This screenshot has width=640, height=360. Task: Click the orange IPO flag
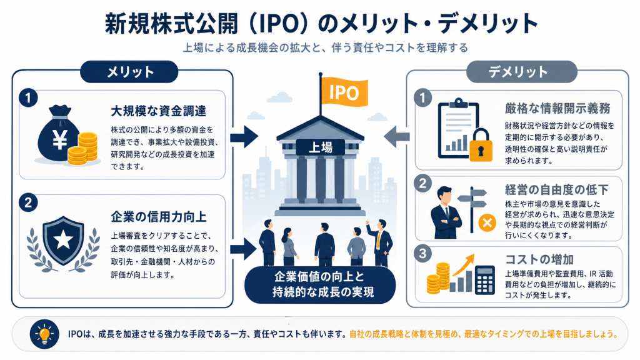click(x=344, y=92)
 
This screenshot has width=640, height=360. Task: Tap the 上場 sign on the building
click(x=321, y=147)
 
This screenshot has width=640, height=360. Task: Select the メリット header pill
click(x=129, y=72)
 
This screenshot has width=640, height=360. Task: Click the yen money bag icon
click(x=59, y=134)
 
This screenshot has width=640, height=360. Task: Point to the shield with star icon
click(x=63, y=241)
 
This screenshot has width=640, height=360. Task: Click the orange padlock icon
click(x=481, y=145)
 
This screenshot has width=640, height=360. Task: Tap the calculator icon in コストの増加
click(x=485, y=279)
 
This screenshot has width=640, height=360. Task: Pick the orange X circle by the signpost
click(x=487, y=223)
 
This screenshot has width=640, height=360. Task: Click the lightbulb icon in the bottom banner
click(x=44, y=334)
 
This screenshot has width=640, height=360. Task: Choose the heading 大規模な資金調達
click(x=158, y=111)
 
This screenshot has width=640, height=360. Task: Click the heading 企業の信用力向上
click(x=158, y=217)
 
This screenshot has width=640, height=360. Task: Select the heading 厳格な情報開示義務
click(x=557, y=108)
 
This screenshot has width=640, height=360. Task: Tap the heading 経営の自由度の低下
click(x=557, y=190)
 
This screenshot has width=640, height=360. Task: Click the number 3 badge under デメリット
click(x=422, y=254)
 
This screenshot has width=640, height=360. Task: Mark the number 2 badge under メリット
click(x=28, y=203)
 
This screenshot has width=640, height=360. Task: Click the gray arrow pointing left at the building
click(x=397, y=137)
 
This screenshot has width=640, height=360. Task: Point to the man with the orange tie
click(x=381, y=242)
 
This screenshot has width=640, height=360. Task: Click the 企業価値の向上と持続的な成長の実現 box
click(x=320, y=284)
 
